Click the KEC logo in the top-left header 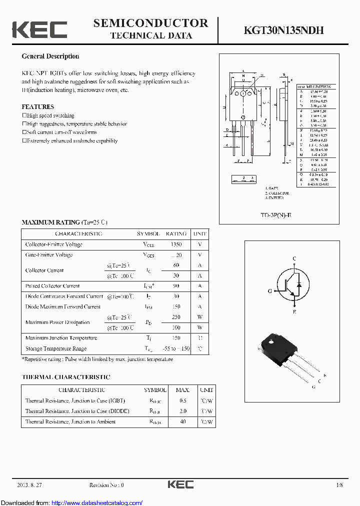pos(39,29)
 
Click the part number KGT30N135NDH pos(283,30)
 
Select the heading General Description pos(50,56)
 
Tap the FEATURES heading pos(37,106)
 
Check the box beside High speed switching pos(24,115)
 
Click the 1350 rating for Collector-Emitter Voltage pos(176,244)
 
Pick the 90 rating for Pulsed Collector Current pos(176,286)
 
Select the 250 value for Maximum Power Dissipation pos(176,317)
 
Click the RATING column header pos(176,233)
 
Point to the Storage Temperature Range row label pos(56,348)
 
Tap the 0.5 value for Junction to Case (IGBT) pos(182,400)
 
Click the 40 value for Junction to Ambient pos(182,421)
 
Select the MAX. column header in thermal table pos(182,389)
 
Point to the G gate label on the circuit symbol pos(269,290)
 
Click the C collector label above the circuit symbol pos(294,258)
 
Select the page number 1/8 pos(340,485)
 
